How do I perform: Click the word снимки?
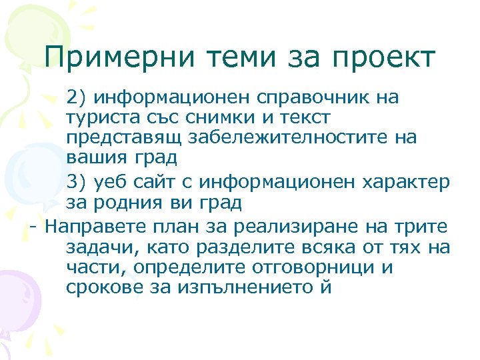click(x=215, y=118)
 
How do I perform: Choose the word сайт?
click(x=160, y=181)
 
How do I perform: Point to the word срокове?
click(x=99, y=288)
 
